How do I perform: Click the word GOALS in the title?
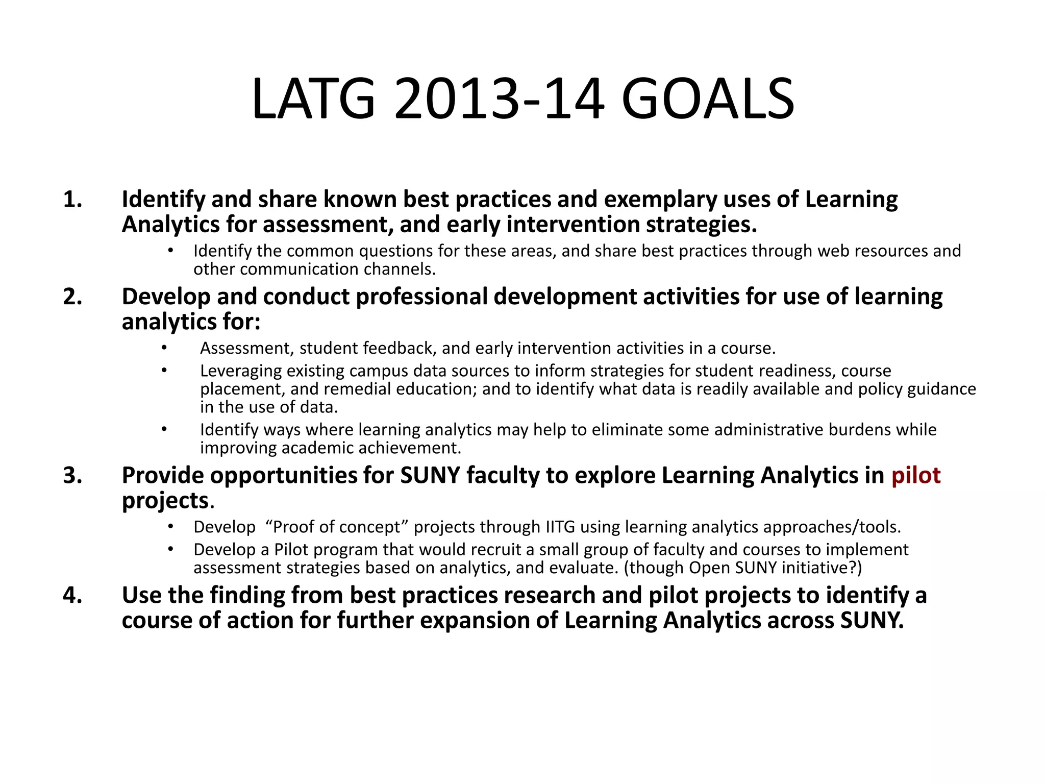708,99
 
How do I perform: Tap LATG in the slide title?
313,99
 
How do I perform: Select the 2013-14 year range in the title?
500,99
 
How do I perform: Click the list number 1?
72,200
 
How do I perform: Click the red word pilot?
915,476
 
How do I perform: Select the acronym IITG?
560,527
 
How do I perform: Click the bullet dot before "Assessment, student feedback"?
164,348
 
